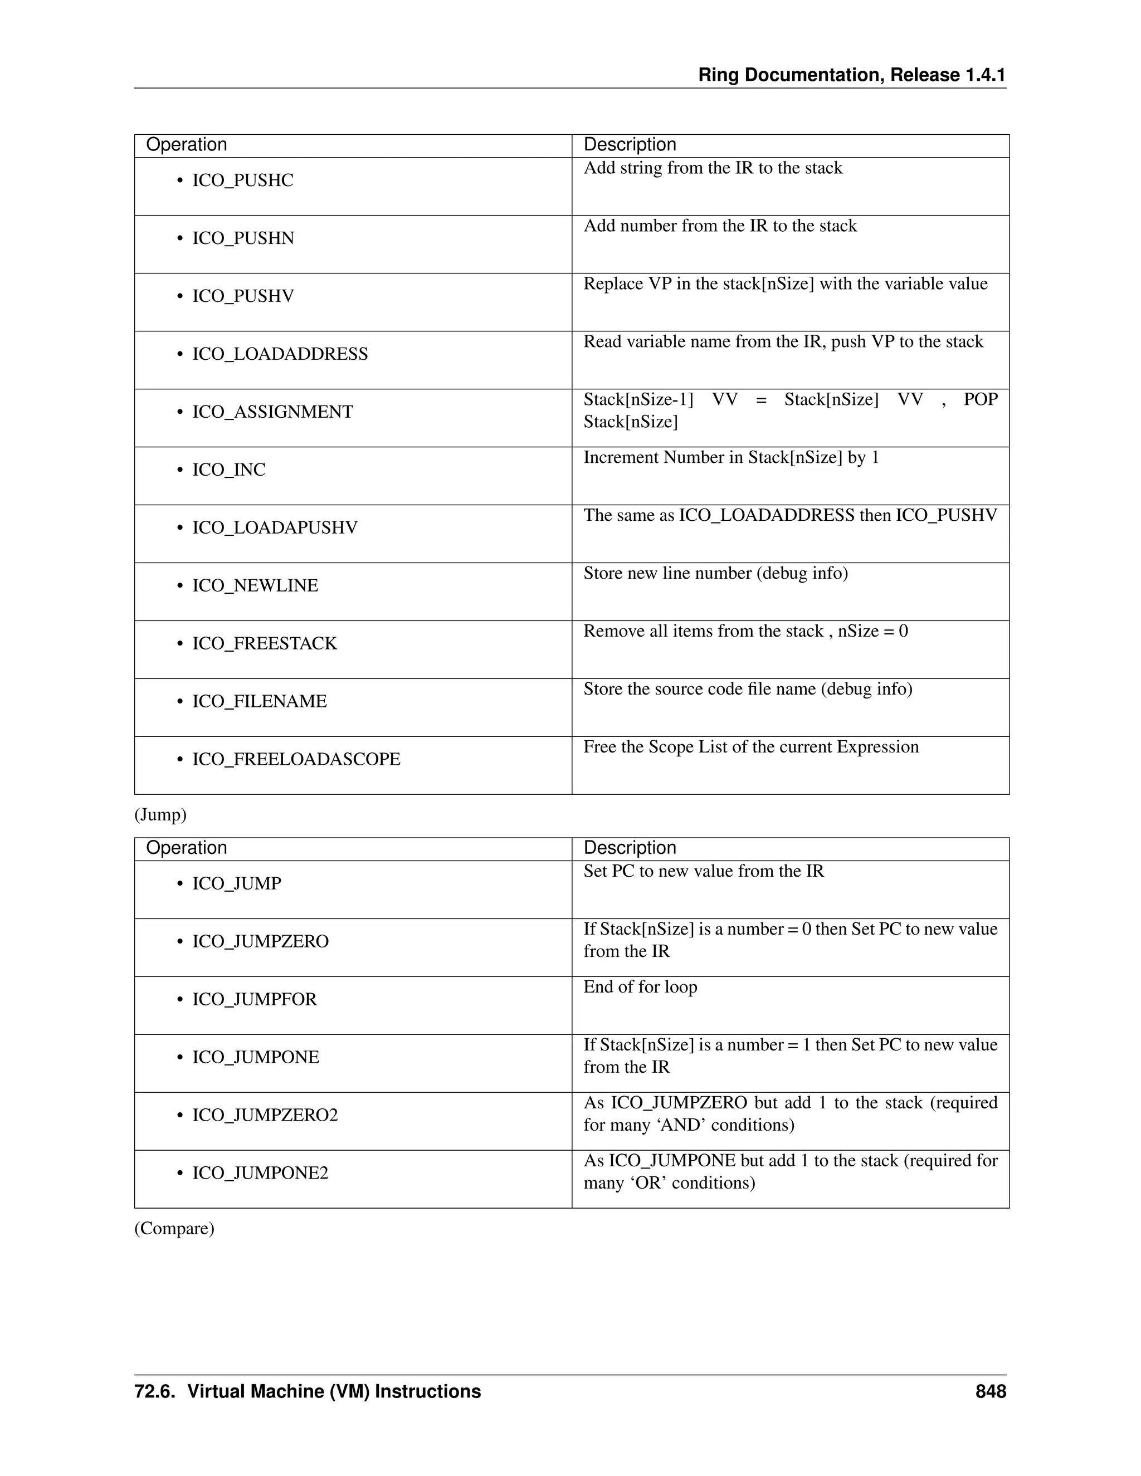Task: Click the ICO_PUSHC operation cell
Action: click(243, 180)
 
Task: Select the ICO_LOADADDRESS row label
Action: click(280, 354)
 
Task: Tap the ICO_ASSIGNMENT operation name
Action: click(272, 412)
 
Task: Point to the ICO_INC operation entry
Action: click(228, 470)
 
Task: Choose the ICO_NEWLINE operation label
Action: click(255, 586)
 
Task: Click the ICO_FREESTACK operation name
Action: click(264, 643)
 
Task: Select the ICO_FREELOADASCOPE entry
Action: click(296, 760)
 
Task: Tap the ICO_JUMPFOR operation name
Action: click(254, 1000)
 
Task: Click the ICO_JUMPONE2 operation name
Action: click(260, 1173)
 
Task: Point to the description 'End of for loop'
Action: click(640, 988)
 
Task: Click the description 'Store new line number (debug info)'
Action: click(715, 574)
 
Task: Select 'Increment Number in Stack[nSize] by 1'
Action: click(731, 458)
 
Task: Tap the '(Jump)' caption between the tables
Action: click(160, 815)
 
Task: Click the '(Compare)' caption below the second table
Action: click(174, 1229)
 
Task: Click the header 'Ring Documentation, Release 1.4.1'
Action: click(852, 75)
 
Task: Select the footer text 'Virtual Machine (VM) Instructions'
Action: click(334, 1391)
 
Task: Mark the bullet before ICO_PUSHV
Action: click(180, 297)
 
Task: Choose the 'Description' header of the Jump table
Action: click(630, 848)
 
